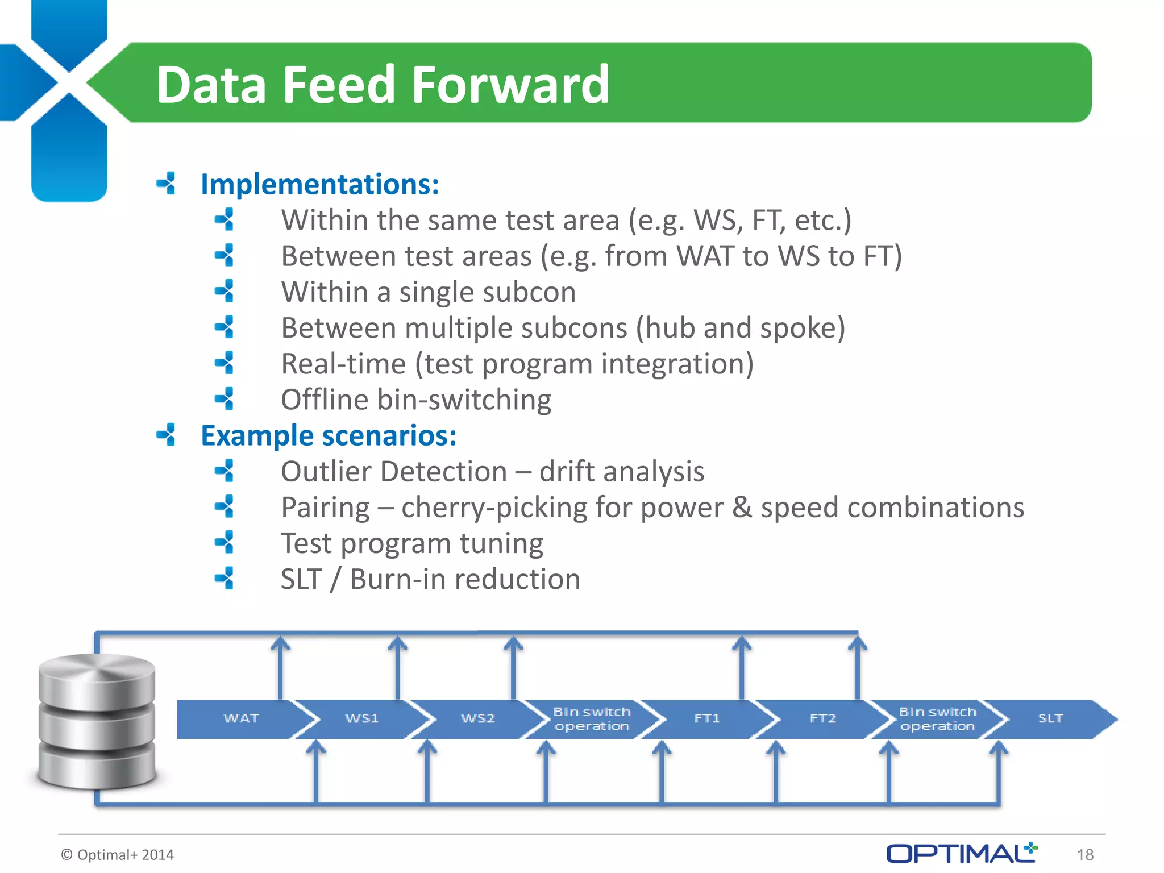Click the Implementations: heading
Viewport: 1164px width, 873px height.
click(x=319, y=184)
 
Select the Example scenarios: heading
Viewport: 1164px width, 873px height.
click(x=329, y=435)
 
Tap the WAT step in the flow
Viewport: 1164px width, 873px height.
click(x=241, y=718)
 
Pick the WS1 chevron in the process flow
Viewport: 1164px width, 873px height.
click(x=362, y=718)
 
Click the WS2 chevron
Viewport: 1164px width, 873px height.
click(x=477, y=718)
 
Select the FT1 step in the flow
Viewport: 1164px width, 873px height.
click(x=707, y=718)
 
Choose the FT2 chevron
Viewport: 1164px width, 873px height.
click(x=822, y=718)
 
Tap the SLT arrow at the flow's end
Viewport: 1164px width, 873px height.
click(x=1050, y=718)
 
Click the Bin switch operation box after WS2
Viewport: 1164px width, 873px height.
click(x=592, y=719)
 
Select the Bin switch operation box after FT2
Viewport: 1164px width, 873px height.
click(x=937, y=719)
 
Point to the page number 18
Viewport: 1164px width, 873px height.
click(x=1085, y=854)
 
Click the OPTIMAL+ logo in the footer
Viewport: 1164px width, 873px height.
click(x=962, y=853)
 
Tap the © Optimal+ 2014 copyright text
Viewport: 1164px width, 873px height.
click(x=118, y=854)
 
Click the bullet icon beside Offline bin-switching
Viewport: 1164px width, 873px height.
click(x=225, y=399)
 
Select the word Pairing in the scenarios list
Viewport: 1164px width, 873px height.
click(x=325, y=507)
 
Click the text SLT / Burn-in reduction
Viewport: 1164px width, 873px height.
click(x=430, y=579)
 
